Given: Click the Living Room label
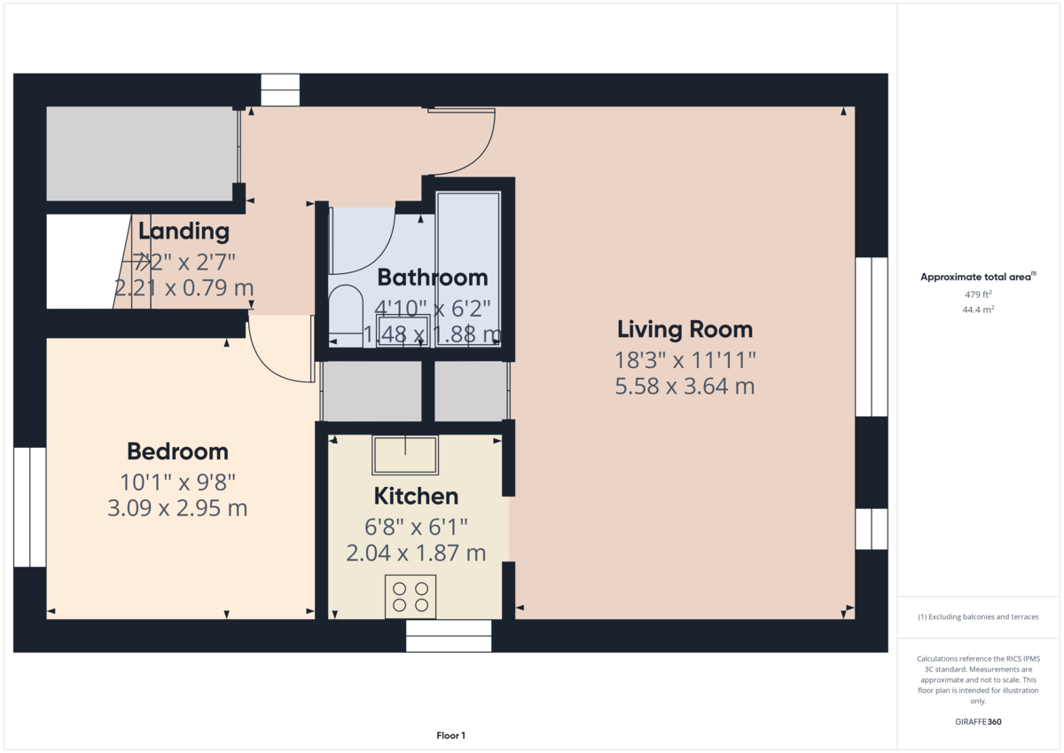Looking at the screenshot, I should pyautogui.click(x=685, y=330).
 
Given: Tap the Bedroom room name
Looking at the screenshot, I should pyautogui.click(x=177, y=451).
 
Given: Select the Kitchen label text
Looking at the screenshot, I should pyautogui.click(x=416, y=496).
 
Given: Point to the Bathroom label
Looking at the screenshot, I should pyautogui.click(x=433, y=278).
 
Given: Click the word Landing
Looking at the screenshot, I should pyautogui.click(x=184, y=232).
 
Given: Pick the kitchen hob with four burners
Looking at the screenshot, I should pyautogui.click(x=411, y=596).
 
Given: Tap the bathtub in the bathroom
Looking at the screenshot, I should pyautogui.click(x=469, y=266).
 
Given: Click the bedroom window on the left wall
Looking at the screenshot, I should pyautogui.click(x=30, y=506).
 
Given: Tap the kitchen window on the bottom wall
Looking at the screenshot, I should pyautogui.click(x=449, y=635).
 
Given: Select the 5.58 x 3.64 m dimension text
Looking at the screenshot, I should pyautogui.click(x=685, y=387).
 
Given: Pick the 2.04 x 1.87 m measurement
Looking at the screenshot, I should pyautogui.click(x=416, y=553).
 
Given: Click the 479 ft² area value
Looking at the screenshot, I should pyautogui.click(x=978, y=294).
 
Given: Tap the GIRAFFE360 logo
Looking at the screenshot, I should pyautogui.click(x=977, y=722).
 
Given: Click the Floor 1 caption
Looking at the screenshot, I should pyautogui.click(x=450, y=735).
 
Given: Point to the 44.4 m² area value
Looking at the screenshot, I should pyautogui.click(x=978, y=310).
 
